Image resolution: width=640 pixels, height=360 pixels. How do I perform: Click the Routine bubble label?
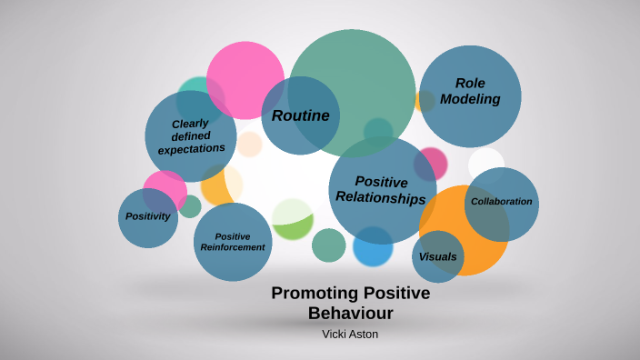pyautogui.click(x=301, y=115)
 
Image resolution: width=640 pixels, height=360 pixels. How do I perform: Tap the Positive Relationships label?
pyautogui.click(x=381, y=189)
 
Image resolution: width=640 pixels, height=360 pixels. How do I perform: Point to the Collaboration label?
pyautogui.click(x=501, y=201)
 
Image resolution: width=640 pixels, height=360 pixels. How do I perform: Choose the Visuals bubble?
pyautogui.click(x=437, y=256)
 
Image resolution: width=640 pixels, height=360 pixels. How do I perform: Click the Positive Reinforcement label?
pyautogui.click(x=233, y=242)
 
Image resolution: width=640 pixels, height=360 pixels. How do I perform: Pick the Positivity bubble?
pyautogui.click(x=148, y=216)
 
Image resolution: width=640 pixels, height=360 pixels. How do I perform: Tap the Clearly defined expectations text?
pyautogui.click(x=191, y=135)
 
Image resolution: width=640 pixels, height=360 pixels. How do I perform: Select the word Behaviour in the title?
pyautogui.click(x=350, y=314)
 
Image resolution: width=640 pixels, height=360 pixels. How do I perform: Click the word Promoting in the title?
pyautogui.click(x=315, y=294)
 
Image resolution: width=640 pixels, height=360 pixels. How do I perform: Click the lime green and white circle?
pyautogui.click(x=293, y=218)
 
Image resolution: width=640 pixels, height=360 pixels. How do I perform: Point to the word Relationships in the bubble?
pyautogui.click(x=381, y=198)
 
